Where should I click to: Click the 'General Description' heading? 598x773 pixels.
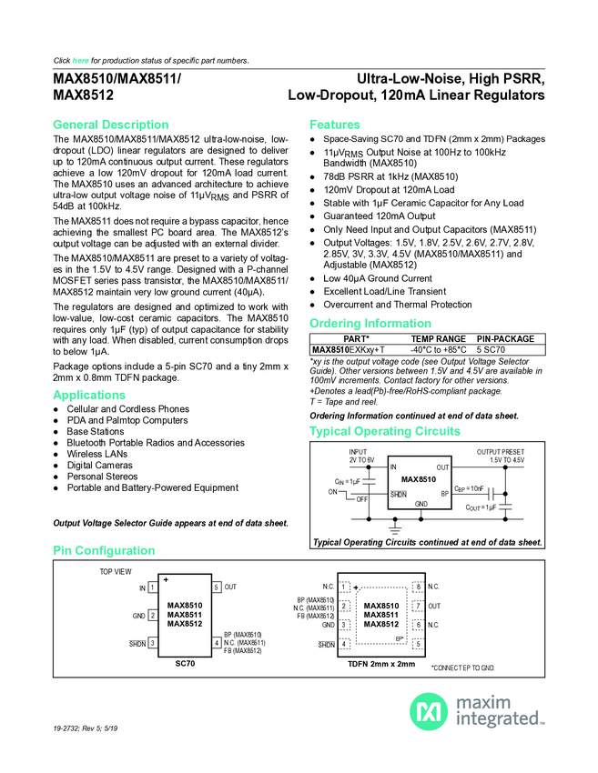(111, 125)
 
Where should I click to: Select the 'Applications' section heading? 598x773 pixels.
(89, 396)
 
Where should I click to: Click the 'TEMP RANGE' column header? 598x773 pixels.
(438, 338)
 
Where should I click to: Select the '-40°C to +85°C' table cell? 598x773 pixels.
(439, 349)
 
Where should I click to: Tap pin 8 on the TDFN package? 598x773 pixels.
(417, 587)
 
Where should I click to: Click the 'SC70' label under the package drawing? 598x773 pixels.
(185, 664)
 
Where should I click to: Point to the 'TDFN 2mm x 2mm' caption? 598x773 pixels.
(380, 664)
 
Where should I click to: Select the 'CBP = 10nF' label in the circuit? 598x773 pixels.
(470, 488)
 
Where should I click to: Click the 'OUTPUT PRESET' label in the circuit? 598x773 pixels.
(501, 452)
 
